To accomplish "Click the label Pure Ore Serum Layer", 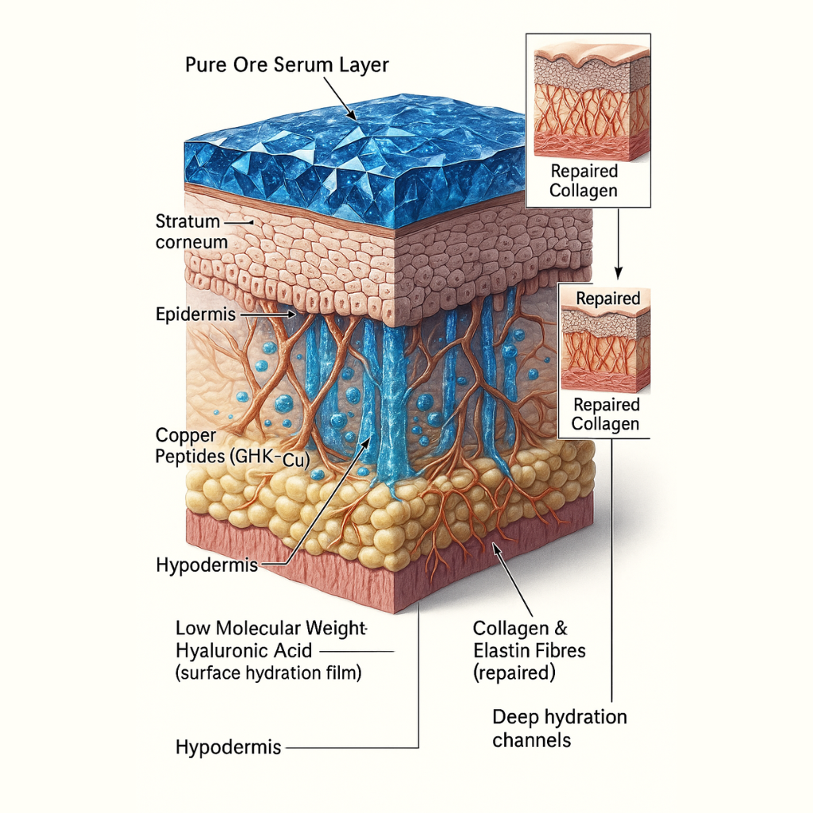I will coord(287,65).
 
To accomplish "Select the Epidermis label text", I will coord(195,314).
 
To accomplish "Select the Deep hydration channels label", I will coord(559,728).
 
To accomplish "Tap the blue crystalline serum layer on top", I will coord(357,159).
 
